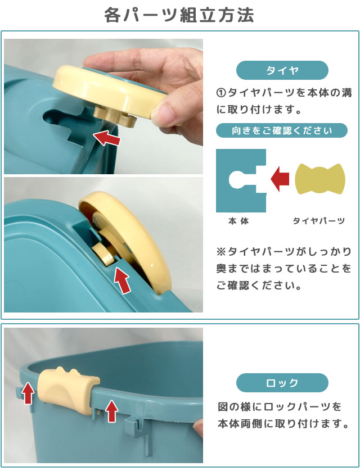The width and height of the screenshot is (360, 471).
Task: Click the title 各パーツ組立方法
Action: coord(179,15)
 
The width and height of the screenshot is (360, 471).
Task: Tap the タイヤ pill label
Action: coord(282,70)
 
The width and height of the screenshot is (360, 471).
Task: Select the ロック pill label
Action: coord(282,383)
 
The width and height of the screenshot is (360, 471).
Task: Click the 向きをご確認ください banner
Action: coord(282,130)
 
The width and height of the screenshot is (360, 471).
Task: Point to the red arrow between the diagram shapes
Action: coord(280,179)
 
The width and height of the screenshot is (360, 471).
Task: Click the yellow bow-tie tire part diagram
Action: coord(320,179)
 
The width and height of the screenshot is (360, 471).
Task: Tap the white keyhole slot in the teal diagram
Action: coord(245,180)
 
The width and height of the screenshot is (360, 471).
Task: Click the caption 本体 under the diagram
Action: coord(238,221)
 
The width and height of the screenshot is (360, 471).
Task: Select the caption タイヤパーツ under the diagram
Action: coord(319,221)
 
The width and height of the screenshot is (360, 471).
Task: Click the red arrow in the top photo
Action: coord(107,138)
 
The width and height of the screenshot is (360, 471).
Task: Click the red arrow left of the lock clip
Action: coord(29,393)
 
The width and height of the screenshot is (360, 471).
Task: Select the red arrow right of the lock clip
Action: coord(112,411)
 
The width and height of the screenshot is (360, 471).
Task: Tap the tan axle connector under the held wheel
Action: coord(115,116)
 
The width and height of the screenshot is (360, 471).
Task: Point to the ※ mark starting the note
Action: coord(221,251)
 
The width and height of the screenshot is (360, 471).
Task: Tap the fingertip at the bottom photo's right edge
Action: coord(198,428)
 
